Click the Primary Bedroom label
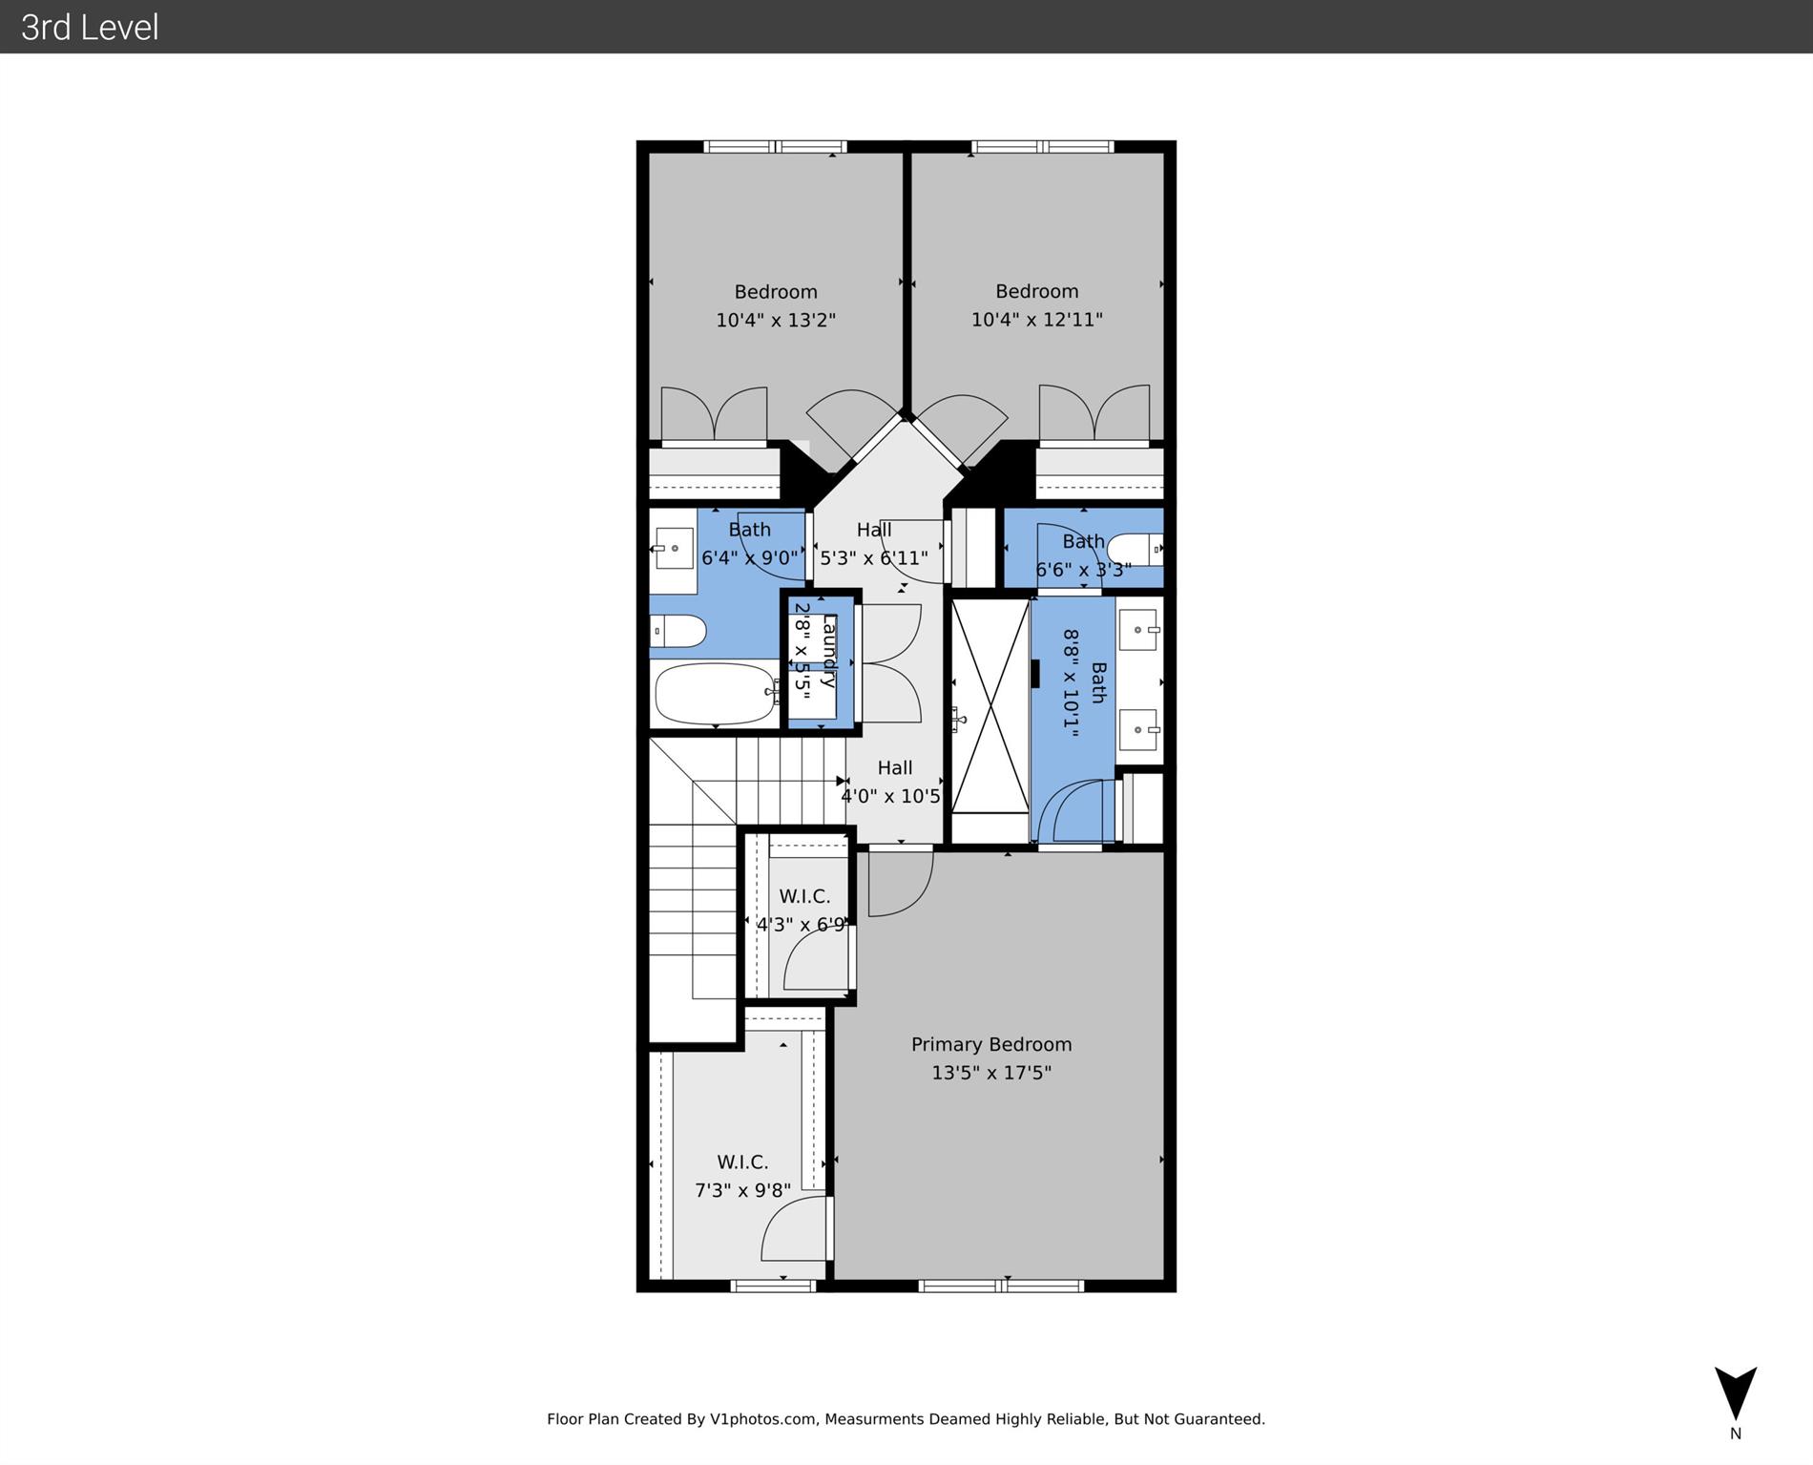(x=990, y=1044)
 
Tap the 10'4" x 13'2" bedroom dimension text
(x=776, y=320)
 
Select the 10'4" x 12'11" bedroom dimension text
(x=1036, y=320)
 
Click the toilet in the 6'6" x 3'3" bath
(x=1135, y=549)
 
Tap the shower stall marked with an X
(x=990, y=706)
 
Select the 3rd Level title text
(x=90, y=28)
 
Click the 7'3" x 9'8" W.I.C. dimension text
(x=742, y=1190)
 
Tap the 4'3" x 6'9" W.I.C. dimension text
(x=802, y=925)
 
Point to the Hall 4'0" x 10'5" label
(x=893, y=782)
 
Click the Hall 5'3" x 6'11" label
(x=873, y=544)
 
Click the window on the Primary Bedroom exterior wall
(x=1000, y=1286)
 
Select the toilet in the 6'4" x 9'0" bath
(x=678, y=631)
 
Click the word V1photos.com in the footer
(x=762, y=1419)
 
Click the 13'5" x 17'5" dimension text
(x=990, y=1073)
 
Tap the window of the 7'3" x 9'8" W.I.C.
(x=773, y=1286)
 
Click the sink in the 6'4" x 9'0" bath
(x=674, y=549)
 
